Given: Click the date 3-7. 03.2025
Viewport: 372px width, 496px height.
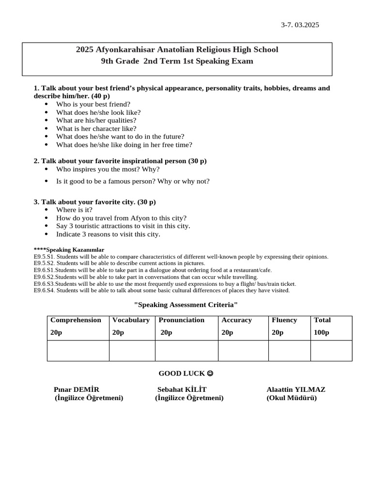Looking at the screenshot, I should (300, 25).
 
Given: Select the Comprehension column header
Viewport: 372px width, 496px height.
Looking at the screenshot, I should (76, 320).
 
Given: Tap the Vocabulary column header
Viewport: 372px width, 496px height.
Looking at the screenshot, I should (131, 320).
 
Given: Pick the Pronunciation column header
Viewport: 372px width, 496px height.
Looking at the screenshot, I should (182, 320).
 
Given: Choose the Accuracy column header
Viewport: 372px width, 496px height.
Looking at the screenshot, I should (236, 320).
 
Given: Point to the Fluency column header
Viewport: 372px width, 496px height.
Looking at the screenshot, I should (284, 320).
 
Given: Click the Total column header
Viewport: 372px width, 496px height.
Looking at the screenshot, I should (322, 320).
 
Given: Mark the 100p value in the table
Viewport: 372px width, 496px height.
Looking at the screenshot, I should (322, 333).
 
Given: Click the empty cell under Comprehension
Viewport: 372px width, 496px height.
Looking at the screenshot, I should (78, 351).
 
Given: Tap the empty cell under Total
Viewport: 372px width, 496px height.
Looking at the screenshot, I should (331, 351).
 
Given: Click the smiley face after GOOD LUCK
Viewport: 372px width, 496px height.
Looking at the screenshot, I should (210, 373).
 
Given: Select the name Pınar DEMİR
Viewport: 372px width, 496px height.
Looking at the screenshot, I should (77, 390).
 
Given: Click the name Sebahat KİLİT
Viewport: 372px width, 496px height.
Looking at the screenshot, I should (182, 390).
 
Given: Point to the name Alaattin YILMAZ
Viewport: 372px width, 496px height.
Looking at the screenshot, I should (296, 390).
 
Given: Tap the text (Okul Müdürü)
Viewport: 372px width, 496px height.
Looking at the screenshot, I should (292, 398).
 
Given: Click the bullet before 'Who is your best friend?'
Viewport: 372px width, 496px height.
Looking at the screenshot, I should (46, 104).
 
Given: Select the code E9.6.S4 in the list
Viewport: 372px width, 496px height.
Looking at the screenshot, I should (44, 291).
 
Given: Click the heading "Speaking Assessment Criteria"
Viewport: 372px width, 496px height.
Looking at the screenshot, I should (186, 305).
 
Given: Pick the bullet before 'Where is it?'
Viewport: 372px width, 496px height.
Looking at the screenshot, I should (46, 210).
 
